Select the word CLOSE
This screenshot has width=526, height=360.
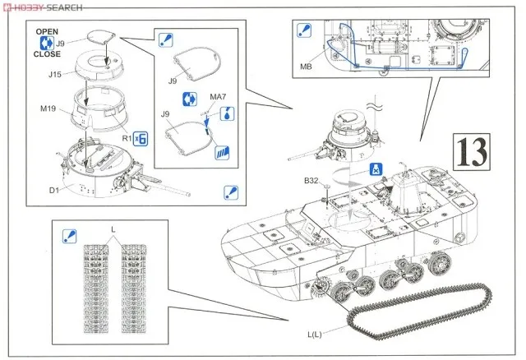point(48,55)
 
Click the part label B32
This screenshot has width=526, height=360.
point(311,180)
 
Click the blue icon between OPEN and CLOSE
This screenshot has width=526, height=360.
point(47,44)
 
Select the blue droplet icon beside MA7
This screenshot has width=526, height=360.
point(225,113)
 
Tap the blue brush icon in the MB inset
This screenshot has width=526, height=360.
point(300,31)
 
